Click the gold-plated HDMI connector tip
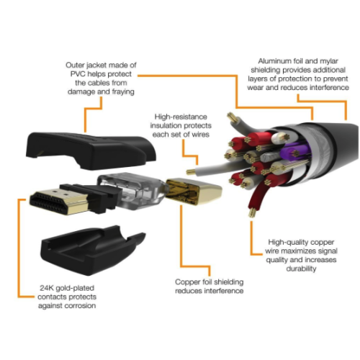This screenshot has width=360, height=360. tap(59, 202)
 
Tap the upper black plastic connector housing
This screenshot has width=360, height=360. tap(91, 150)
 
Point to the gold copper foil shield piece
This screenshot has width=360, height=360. tap(194, 192)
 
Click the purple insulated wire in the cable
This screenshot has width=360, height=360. tap(294, 153)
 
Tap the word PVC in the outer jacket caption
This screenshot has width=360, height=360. tap(78, 74)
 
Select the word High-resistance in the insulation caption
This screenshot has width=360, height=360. tap(181, 117)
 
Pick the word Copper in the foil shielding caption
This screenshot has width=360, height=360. tap(187, 282)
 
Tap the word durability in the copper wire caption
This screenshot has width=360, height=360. tap(301, 269)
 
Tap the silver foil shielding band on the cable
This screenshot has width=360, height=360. tap(318, 153)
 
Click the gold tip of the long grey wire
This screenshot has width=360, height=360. tap(190, 172)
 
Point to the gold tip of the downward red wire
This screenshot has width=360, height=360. tap(252, 212)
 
